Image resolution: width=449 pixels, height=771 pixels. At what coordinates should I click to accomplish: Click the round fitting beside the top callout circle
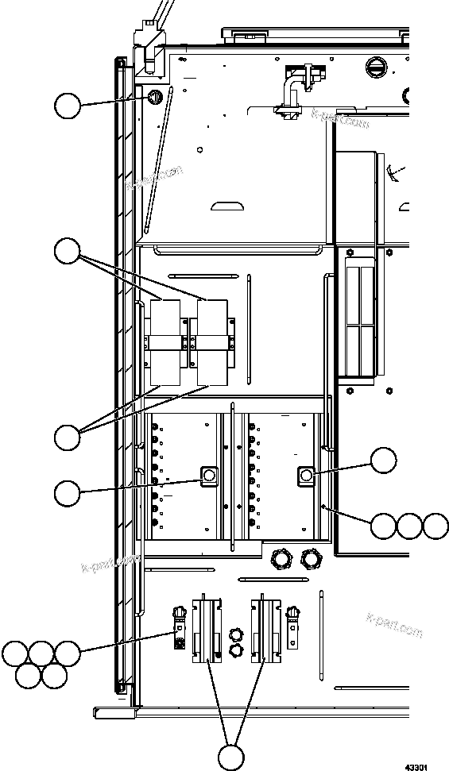[x=154, y=97]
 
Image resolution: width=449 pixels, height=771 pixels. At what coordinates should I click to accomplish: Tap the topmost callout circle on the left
[x=68, y=106]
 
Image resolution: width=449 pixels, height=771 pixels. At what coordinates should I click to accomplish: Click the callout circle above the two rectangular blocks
[x=68, y=252]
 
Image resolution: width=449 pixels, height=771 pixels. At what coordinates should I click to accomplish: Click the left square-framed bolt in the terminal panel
[x=209, y=476]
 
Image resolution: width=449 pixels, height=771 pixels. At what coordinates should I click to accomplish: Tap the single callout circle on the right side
[x=384, y=461]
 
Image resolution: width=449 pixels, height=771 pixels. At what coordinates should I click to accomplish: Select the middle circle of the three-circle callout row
[x=409, y=526]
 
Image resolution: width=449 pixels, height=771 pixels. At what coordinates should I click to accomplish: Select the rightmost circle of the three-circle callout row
[x=435, y=526]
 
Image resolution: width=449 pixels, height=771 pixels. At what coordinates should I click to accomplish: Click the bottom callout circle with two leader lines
[x=231, y=757]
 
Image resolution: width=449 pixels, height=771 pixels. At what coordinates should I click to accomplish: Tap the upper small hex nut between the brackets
[x=235, y=634]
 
